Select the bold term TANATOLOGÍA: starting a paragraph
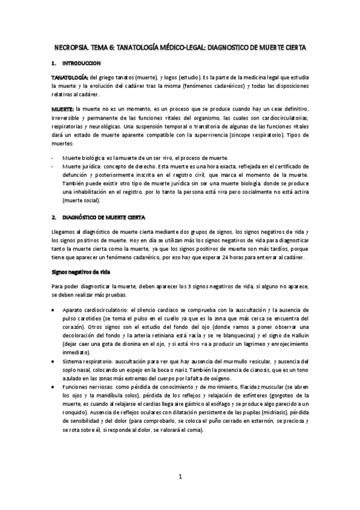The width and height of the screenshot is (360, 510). (x=69, y=78)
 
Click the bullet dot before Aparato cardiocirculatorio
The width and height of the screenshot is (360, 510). (x=54, y=309)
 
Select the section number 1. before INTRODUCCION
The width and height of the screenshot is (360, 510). (x=53, y=63)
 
